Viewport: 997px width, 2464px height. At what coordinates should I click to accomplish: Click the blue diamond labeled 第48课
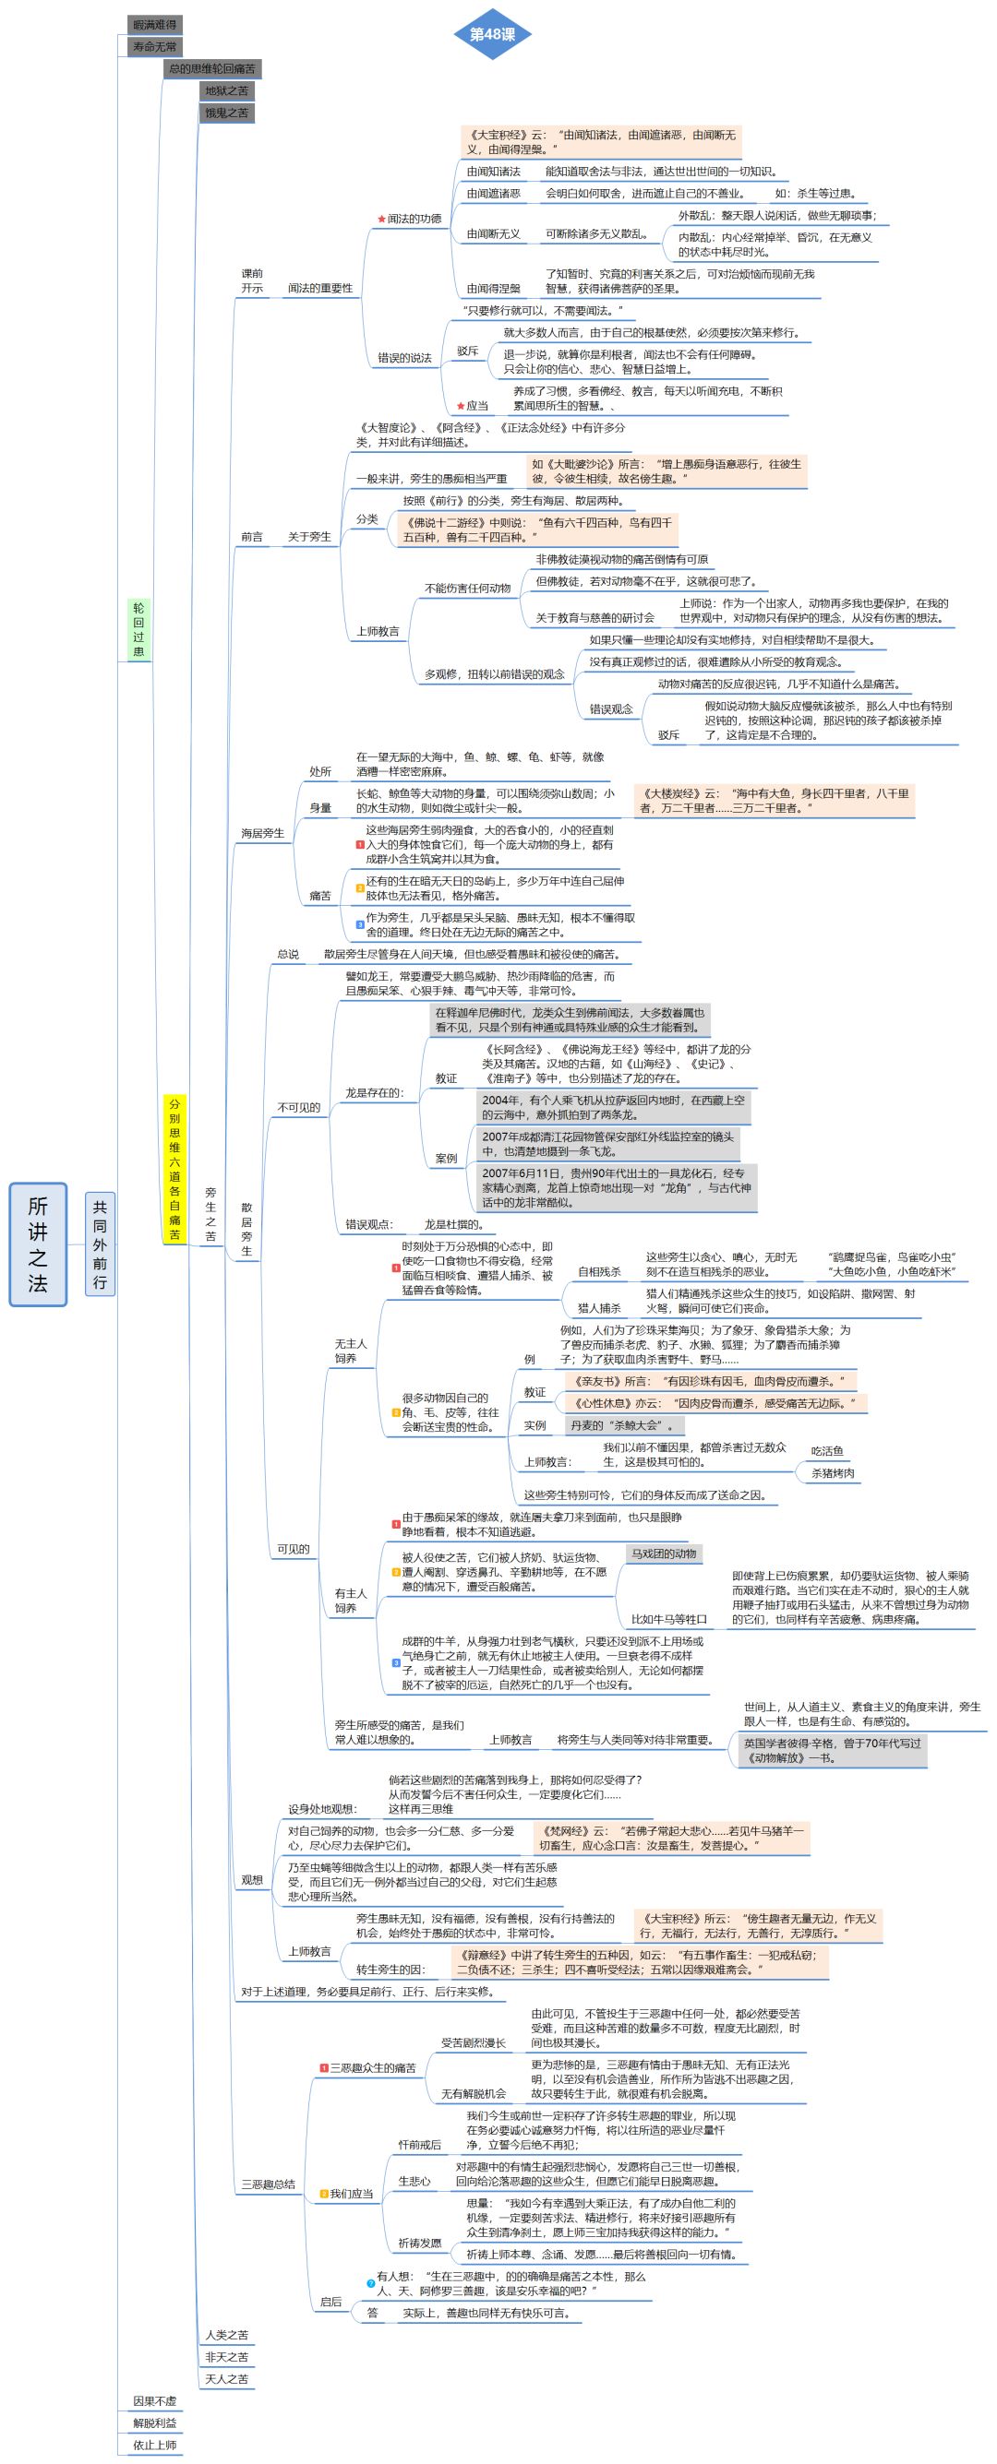pos(492,34)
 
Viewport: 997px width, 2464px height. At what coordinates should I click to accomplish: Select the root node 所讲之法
pos(38,1244)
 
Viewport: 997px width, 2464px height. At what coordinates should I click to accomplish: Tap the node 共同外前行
pos(100,1244)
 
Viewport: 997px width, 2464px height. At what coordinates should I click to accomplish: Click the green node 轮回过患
pos(138,629)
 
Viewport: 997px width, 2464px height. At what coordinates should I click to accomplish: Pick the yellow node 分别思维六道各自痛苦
pos(174,1169)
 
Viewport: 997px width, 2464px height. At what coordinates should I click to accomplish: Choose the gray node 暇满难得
pos(154,25)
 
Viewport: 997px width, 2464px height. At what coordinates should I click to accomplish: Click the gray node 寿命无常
pos(154,47)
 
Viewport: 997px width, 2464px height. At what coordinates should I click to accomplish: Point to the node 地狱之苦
pos(227,91)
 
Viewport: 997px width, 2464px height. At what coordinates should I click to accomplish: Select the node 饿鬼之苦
pos(227,113)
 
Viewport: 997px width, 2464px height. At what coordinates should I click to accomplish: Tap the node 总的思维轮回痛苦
pos(212,69)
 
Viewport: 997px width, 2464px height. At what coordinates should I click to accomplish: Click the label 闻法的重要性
pos(319,288)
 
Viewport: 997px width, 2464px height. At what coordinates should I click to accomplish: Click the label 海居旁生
pos(262,833)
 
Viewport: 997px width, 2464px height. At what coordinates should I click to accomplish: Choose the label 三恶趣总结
pos(268,2184)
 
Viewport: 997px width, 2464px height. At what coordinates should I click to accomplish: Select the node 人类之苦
pos(227,2335)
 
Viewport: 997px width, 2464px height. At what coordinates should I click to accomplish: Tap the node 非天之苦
pos(227,2357)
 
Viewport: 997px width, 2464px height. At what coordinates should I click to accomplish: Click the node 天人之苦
pos(227,2379)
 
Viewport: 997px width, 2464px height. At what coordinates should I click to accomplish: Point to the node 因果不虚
pos(155,2401)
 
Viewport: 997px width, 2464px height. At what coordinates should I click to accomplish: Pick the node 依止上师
pos(155,2445)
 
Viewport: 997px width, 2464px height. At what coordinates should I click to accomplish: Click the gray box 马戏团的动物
pos(663,1553)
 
